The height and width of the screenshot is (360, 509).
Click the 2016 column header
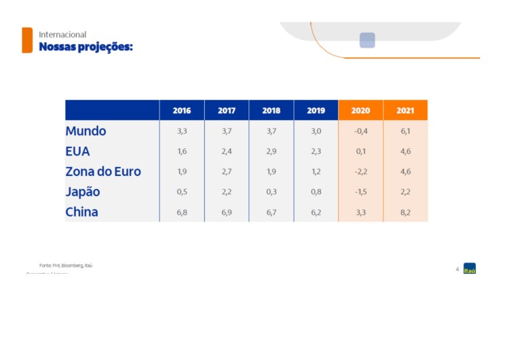pos(182,110)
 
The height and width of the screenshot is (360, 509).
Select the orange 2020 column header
pos(360,110)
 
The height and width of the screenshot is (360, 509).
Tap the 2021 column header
pos(405,110)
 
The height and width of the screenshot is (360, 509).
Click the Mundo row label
pos(86,131)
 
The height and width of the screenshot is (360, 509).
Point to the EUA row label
pos(77,151)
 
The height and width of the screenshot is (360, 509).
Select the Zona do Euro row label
pos(103,172)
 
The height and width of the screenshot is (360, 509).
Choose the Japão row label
pos(82,192)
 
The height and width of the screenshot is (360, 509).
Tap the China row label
pos(81,212)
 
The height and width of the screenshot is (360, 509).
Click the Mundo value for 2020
pos(360,131)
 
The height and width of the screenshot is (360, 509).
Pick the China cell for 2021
pos(405,212)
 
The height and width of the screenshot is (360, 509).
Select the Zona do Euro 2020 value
pos(360,172)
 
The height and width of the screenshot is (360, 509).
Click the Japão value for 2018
pos(271,192)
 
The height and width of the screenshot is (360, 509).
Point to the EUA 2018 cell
pos(271,151)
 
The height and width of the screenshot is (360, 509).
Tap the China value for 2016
pos(182,212)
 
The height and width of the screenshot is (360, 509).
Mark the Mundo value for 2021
pos(405,131)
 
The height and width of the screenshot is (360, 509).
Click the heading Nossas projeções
pos(86,47)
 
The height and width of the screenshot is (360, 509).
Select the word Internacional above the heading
pos(62,34)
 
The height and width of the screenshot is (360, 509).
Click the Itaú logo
pos(470,268)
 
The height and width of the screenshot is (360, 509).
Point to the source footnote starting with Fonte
pos(65,265)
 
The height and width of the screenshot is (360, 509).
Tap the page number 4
pos(457,269)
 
